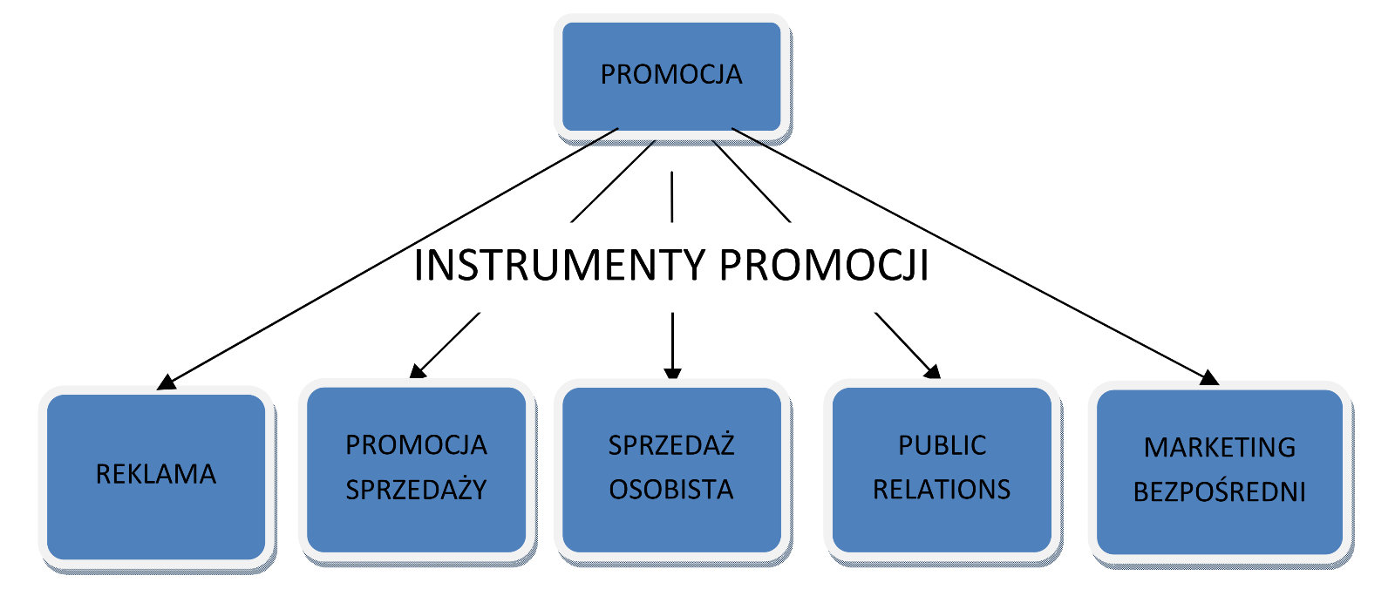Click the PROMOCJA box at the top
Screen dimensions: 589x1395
point(671,77)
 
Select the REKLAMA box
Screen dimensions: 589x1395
point(156,475)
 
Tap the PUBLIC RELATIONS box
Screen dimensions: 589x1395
point(942,469)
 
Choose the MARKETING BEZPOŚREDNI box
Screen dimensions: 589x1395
point(1219,471)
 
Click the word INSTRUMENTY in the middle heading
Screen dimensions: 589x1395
point(559,266)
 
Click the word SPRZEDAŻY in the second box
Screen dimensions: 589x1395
point(416,491)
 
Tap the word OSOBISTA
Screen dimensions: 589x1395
point(671,490)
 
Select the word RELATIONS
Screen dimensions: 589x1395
point(942,491)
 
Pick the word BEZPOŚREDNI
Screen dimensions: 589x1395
point(1219,493)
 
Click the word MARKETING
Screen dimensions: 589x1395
point(1219,448)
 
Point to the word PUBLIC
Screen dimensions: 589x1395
point(942,446)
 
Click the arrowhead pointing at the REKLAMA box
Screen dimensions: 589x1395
point(166,383)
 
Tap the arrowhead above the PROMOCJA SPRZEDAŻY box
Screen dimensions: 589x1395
point(417,372)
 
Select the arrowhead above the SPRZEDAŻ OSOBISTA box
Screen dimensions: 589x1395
point(672,374)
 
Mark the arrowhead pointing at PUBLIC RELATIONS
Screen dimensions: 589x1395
point(933,372)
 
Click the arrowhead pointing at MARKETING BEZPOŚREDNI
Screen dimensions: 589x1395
point(1209,378)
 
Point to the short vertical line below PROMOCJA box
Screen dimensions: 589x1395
point(672,197)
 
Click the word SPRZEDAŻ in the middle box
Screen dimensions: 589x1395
point(671,446)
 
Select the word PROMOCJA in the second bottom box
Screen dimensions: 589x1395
point(416,445)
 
